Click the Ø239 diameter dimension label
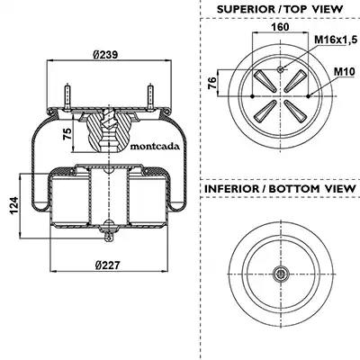(105, 55)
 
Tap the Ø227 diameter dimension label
(107, 265)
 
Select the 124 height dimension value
(14, 206)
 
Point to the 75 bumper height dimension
(67, 133)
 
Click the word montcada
(155, 147)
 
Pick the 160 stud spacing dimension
(280, 27)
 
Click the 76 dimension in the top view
(212, 83)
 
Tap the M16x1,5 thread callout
(336, 39)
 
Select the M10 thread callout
(345, 72)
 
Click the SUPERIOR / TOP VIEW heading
(280, 9)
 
